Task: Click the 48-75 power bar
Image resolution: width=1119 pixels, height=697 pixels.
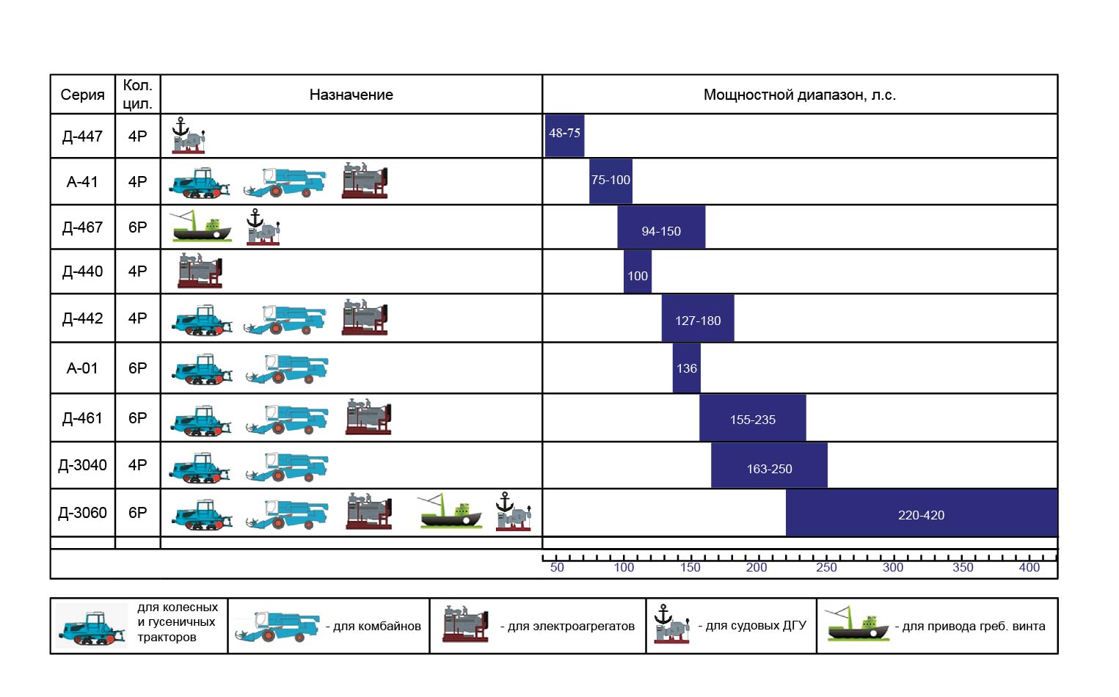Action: pos(564,136)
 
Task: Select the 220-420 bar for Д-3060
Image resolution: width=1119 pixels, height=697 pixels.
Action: pos(922,513)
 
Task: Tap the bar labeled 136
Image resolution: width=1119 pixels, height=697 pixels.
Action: pos(686,368)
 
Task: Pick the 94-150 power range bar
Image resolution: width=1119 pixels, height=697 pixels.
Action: pos(661,227)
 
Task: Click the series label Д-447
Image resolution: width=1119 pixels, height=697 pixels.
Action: pos(82,136)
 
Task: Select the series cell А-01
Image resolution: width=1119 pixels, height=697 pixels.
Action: pos(82,368)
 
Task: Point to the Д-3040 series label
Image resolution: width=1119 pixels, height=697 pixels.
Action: pos(82,465)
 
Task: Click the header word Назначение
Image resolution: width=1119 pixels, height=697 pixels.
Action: pos(351,95)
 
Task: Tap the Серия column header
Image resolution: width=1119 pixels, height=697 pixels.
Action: pos(82,95)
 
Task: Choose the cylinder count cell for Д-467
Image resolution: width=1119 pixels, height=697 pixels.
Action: pos(137,227)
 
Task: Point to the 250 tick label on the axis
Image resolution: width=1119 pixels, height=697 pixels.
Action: pos(826,568)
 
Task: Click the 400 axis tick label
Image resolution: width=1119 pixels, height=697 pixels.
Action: pos(1029,568)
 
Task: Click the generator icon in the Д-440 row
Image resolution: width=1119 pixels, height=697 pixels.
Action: pos(200,270)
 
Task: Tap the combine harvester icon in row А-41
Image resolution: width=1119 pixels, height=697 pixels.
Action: pos(285,182)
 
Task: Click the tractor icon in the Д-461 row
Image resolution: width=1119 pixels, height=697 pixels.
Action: pos(201,420)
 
